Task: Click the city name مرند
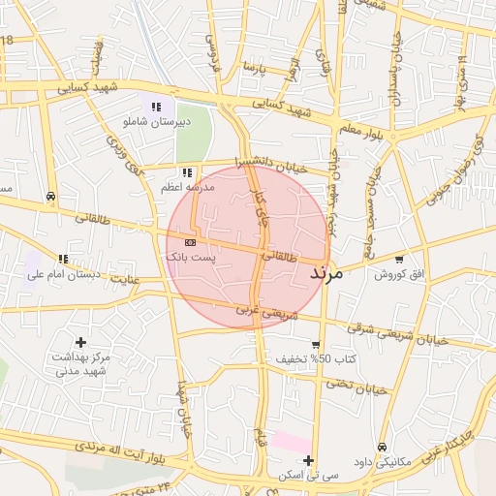[326, 274]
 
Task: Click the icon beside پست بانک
[190, 241]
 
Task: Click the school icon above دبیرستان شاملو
[156, 107]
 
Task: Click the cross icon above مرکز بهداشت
[80, 342]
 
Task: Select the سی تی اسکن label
[308, 476]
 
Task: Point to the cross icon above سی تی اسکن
[308, 460]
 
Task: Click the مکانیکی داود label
[384, 461]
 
